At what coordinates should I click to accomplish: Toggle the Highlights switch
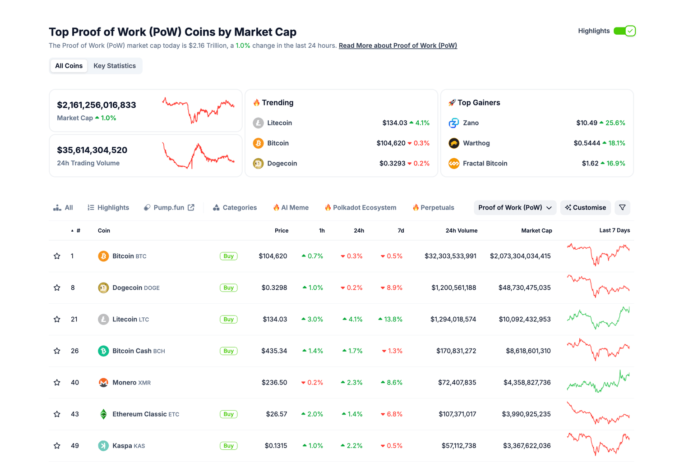(x=625, y=31)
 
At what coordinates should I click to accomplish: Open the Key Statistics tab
(x=115, y=66)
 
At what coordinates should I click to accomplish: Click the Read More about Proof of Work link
(x=397, y=46)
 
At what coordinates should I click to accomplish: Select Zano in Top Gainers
(x=471, y=123)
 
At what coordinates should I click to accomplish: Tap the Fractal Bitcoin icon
(x=454, y=164)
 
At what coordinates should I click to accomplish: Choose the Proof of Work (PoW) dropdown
(x=515, y=208)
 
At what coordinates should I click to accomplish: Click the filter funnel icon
(x=622, y=208)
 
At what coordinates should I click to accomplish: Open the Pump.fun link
(x=169, y=208)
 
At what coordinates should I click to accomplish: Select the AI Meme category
(x=291, y=208)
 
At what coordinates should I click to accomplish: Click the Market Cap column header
(x=536, y=231)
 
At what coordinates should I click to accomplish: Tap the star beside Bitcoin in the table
(x=57, y=256)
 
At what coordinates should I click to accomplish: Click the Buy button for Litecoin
(x=228, y=320)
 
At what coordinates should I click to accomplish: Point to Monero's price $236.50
(x=274, y=383)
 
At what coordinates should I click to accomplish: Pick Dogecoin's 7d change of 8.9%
(x=392, y=288)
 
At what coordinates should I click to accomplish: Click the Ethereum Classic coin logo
(x=103, y=414)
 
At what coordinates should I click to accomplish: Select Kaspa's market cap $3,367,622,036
(x=527, y=446)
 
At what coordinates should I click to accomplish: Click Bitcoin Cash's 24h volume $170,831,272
(x=456, y=351)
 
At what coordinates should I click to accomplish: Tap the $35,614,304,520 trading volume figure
(x=92, y=150)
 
